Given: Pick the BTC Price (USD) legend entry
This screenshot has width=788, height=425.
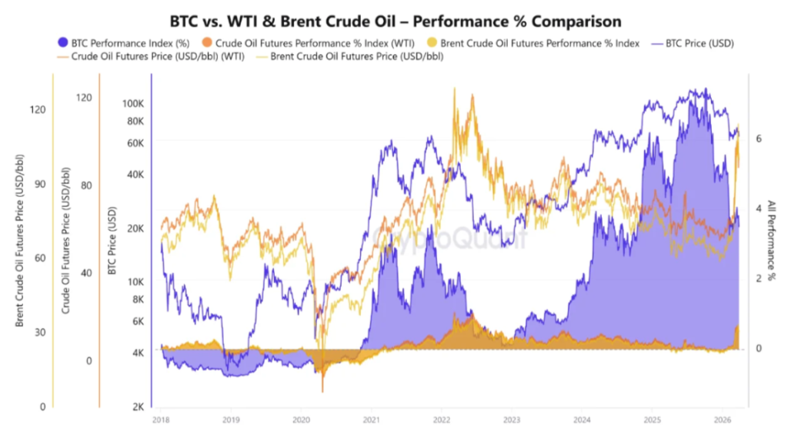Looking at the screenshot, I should click(x=694, y=43).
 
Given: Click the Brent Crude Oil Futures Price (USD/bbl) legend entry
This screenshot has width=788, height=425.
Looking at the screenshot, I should click(x=356, y=56).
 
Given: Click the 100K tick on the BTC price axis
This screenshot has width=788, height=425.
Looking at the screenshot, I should click(x=134, y=103).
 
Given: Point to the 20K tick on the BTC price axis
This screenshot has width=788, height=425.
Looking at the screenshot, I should click(x=136, y=228).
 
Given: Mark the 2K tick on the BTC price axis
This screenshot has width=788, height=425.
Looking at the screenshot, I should click(x=139, y=407).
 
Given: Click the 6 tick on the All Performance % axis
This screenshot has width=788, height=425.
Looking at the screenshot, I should click(x=759, y=139).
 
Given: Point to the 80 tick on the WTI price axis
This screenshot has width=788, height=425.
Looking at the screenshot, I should click(x=85, y=186).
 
